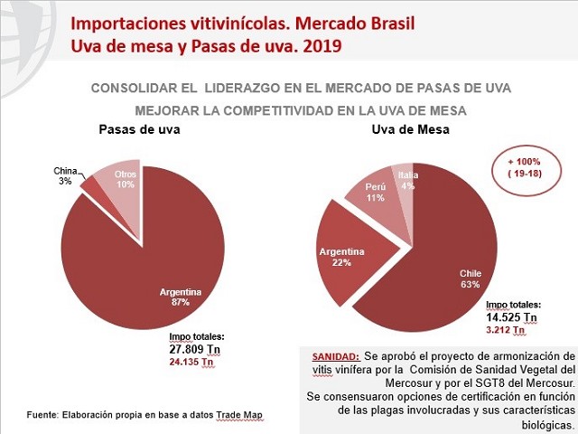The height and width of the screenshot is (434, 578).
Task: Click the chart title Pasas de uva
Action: tap(139, 129)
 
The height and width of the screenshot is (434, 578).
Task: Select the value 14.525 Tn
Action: tap(512, 317)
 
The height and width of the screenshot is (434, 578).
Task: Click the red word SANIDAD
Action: tap(335, 357)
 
